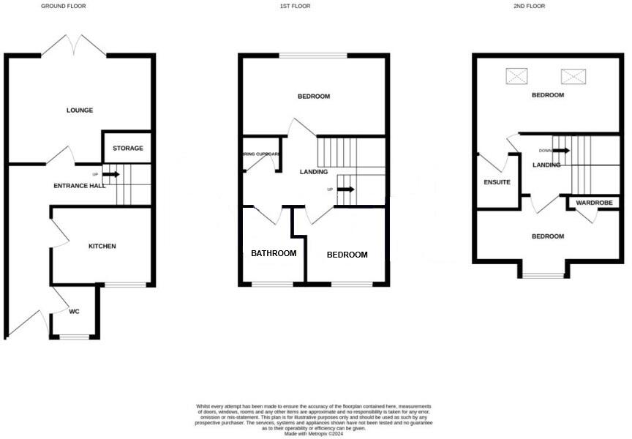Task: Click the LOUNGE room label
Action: tap(80, 110)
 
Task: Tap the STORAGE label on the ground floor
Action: tap(128, 149)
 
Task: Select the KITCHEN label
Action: tap(102, 247)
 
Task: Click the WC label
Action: tap(75, 312)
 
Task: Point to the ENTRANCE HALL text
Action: tap(80, 186)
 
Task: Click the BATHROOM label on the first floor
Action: tap(274, 254)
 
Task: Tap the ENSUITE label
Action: tap(497, 182)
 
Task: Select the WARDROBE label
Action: tap(593, 203)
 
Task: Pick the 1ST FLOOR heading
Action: tap(296, 6)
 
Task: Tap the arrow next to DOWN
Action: tap(561, 151)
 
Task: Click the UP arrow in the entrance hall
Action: tap(111, 174)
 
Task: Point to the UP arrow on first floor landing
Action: tap(347, 190)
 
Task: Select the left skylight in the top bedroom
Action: tap(517, 75)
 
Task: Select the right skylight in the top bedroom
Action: tap(574, 75)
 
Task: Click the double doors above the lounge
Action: tap(74, 45)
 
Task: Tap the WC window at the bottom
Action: tap(74, 337)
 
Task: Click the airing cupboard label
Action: tap(261, 154)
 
